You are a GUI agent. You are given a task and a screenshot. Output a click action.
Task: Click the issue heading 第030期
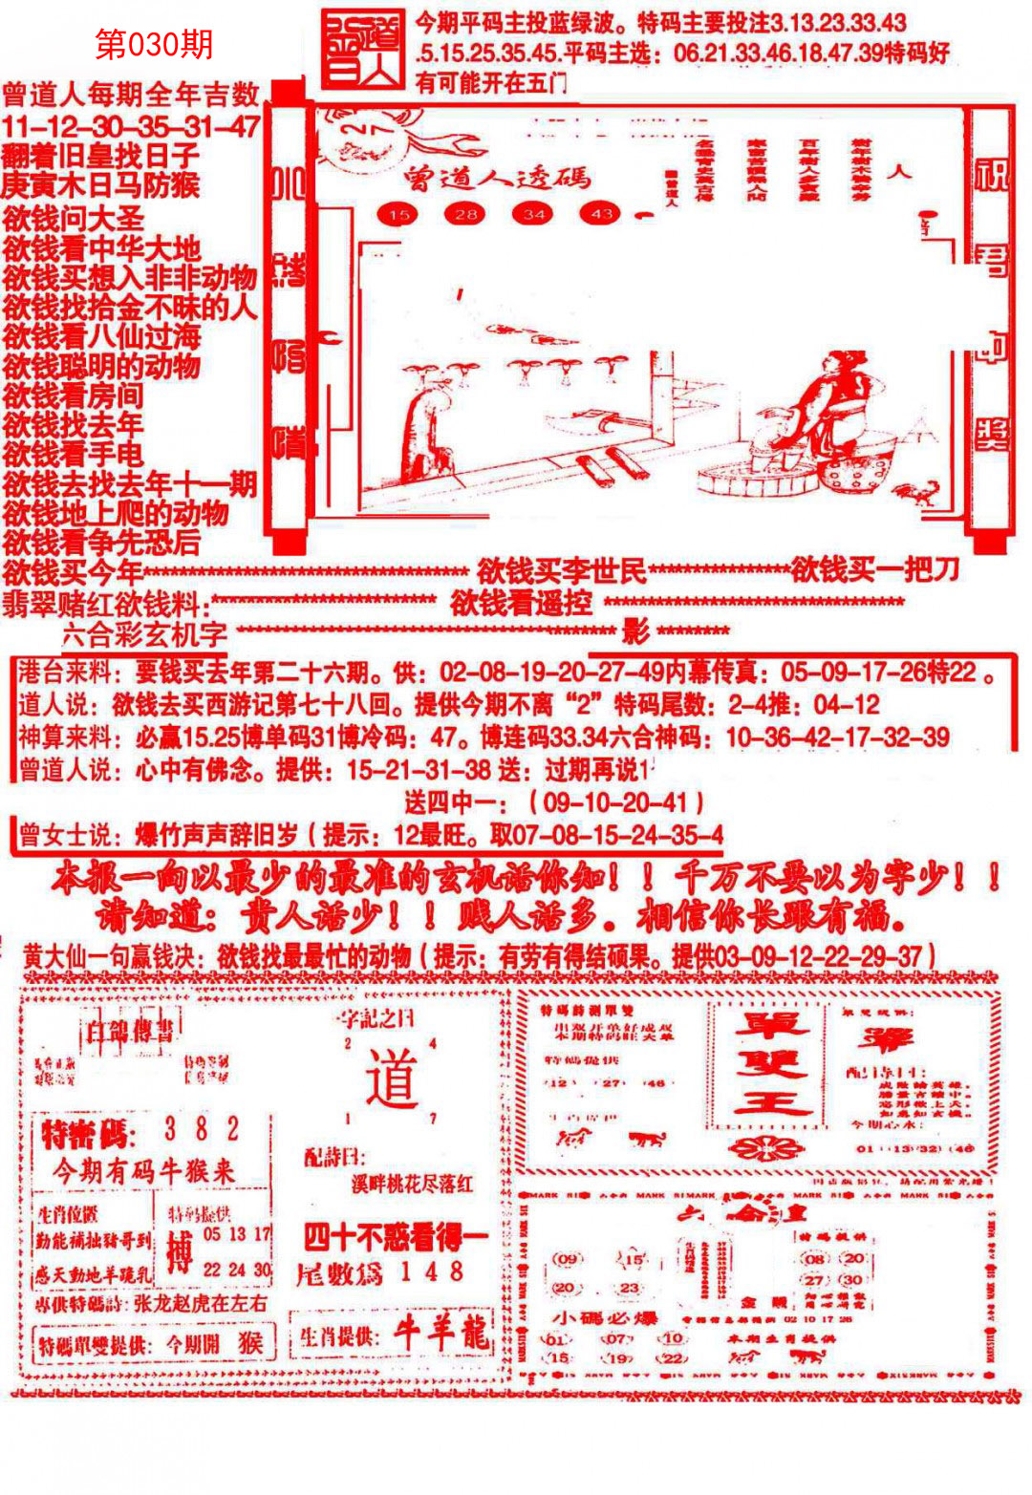tap(155, 44)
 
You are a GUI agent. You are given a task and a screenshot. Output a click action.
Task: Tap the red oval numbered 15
tap(398, 214)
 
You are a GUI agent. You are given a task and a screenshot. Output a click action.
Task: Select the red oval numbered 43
tap(601, 214)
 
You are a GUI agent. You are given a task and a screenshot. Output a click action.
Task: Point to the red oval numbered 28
tap(465, 214)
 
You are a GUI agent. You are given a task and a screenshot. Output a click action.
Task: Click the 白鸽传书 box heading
tap(130, 1029)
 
